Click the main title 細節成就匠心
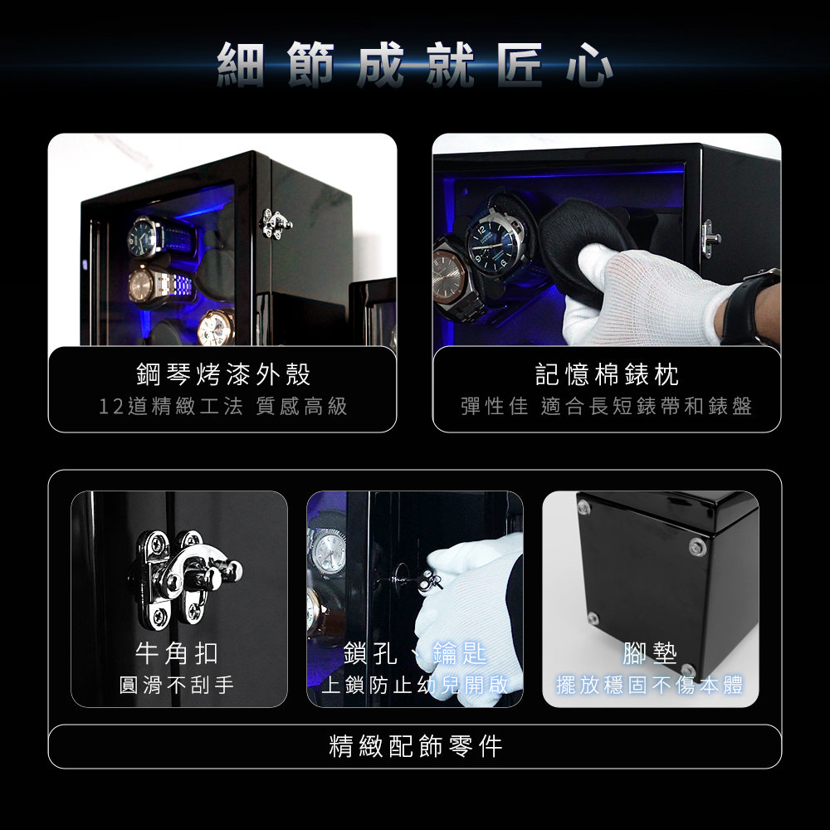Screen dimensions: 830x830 [x=415, y=65]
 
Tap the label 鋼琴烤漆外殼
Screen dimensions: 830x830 [x=222, y=375]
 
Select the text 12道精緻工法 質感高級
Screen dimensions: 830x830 [x=222, y=407]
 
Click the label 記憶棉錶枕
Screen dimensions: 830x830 [x=607, y=375]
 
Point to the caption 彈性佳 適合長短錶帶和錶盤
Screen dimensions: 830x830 [x=607, y=407]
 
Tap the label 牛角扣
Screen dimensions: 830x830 [x=177, y=653]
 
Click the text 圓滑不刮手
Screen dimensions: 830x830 [x=177, y=685]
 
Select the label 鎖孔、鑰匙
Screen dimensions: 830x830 [x=414, y=653]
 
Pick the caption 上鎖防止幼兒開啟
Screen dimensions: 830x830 [x=414, y=685]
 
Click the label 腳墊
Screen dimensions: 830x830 [x=650, y=653]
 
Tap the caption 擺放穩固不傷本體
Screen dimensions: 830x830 [x=650, y=685]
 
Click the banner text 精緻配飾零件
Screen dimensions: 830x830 [x=415, y=746]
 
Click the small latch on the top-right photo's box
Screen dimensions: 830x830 [x=710, y=239]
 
